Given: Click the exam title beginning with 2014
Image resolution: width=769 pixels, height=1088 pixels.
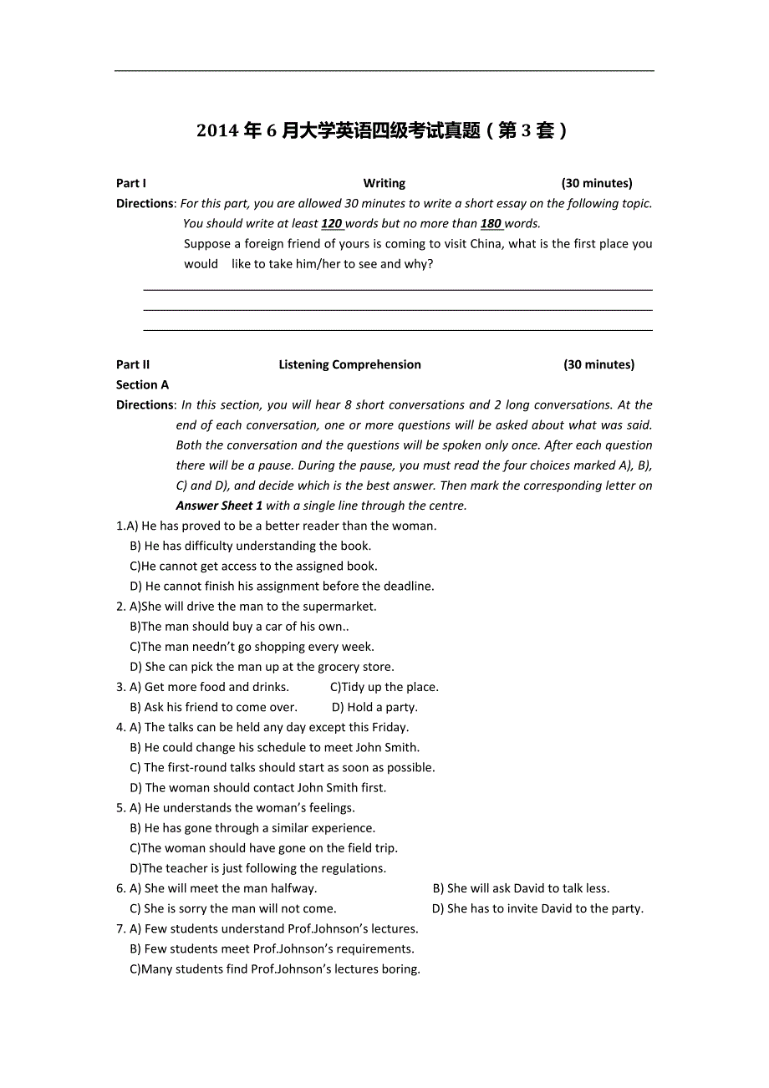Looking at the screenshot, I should click(x=382, y=130).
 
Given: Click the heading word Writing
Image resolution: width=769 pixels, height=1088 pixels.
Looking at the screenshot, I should click(x=384, y=183).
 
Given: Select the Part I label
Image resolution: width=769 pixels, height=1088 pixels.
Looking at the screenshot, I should click(x=131, y=183).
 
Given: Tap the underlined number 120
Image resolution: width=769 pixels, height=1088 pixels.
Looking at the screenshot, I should click(x=331, y=223).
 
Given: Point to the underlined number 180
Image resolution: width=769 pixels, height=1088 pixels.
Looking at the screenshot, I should click(x=491, y=223).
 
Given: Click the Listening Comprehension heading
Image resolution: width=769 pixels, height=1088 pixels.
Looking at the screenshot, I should click(x=349, y=364).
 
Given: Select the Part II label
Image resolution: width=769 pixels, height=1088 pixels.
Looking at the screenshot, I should click(x=133, y=364).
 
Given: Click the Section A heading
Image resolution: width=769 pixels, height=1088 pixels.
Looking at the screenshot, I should click(x=142, y=384).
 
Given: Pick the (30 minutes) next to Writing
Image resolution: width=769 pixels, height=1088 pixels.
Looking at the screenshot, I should click(x=597, y=183).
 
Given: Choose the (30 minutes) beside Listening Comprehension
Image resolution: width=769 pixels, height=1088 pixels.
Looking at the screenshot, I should click(x=598, y=364).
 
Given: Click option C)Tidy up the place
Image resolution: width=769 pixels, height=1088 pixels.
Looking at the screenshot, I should click(x=384, y=687).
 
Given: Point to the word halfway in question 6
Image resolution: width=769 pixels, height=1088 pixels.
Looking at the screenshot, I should click(x=293, y=888).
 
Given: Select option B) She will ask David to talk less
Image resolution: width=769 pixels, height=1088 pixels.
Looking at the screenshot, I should click(x=521, y=888).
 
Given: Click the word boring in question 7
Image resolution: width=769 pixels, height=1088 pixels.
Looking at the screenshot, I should click(x=400, y=969).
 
